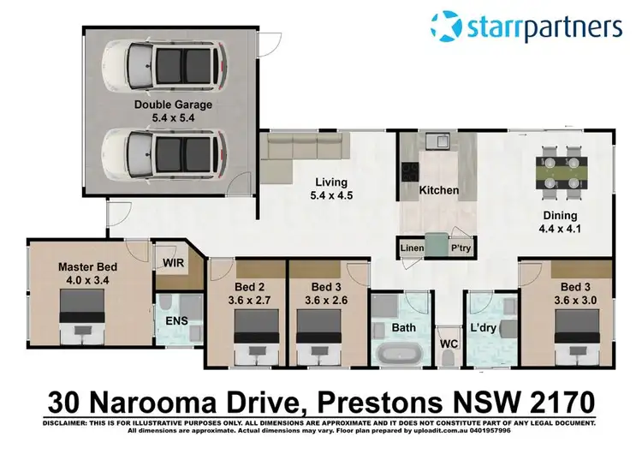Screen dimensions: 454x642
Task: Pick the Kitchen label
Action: pos(438,190)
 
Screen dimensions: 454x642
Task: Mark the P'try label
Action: pos(461,249)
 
